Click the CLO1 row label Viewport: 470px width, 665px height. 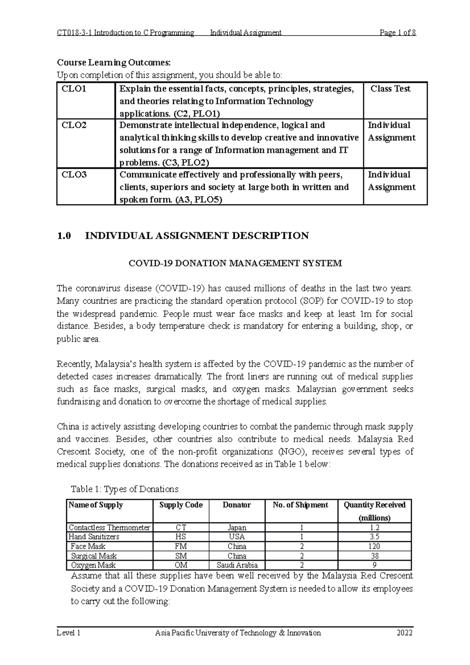coord(74,89)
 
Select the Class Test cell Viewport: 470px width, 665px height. coord(390,89)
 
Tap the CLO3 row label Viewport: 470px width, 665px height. coord(74,175)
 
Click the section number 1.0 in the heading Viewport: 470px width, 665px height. coord(64,236)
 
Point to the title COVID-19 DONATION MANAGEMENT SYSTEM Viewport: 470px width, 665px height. coord(235,263)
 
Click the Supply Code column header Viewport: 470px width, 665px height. coord(181,505)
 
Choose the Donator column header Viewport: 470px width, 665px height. coord(237,505)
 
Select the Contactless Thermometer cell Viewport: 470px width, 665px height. coord(109,528)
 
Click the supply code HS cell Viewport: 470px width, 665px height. coord(181,537)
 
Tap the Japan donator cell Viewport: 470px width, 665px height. coord(237,528)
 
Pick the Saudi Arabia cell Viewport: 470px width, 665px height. coord(237,565)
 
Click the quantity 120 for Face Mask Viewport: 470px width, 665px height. coord(374,546)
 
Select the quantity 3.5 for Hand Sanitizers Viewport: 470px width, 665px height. coord(374,537)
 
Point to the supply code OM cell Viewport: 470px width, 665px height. coord(181,565)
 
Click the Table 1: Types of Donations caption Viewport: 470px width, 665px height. coord(124,489)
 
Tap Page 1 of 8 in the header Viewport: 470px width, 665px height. coord(398,33)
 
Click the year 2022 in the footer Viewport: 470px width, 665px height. coord(405,633)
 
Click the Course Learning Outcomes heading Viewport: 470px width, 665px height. coord(114,62)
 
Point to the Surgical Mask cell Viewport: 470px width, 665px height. coord(94,556)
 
